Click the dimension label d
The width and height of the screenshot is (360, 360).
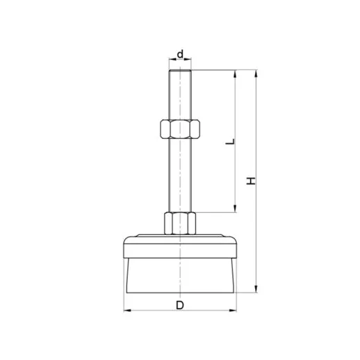click(180, 54)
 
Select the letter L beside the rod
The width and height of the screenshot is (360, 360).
click(231, 142)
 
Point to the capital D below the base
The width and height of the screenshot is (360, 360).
click(180, 304)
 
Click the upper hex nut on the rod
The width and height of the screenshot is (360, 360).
click(180, 129)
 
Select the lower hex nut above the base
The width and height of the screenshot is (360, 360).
click(180, 223)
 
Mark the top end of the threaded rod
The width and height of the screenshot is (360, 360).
click(180, 71)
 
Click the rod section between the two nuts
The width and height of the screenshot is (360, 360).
click(180, 174)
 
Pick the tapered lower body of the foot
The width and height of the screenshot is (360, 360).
click(180, 272)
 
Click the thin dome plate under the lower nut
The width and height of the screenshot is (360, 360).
click(180, 235)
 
